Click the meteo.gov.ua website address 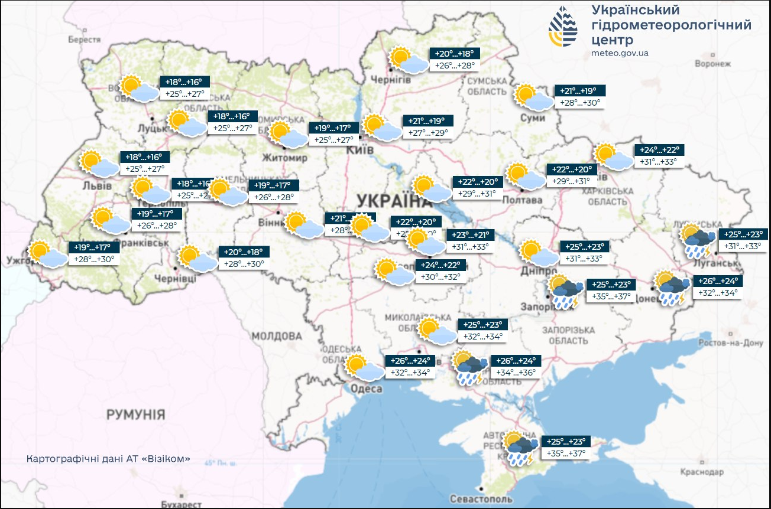620,53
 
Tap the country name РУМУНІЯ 135,415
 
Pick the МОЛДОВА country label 276,337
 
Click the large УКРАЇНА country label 384,201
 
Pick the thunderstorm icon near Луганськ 697,240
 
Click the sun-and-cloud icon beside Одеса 364,368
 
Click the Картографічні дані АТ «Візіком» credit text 108,459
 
